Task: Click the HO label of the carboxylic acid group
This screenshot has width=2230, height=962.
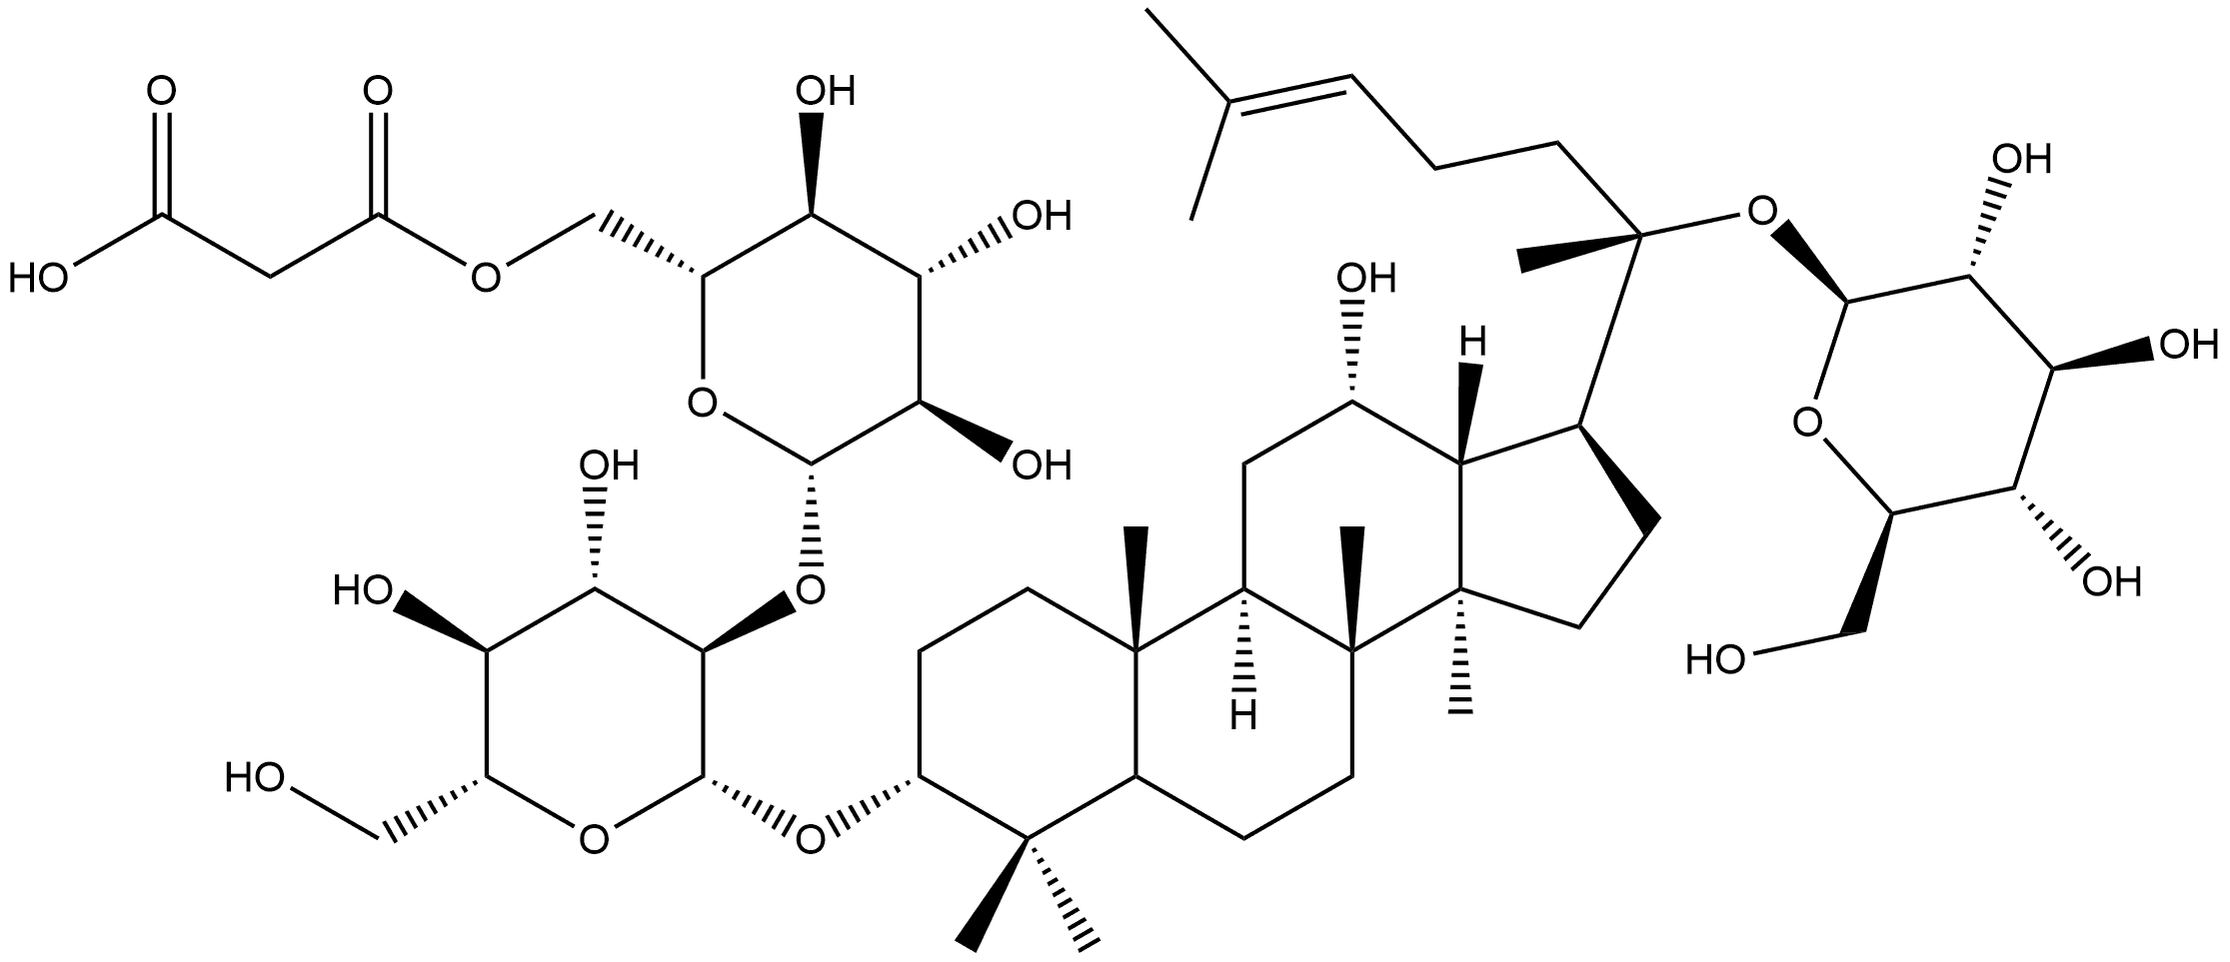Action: (x=37, y=278)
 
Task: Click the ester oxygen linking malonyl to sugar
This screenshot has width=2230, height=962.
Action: (x=486, y=277)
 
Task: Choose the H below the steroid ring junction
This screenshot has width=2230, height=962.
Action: (x=1244, y=715)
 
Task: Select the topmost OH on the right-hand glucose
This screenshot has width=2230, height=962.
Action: (x=2020, y=158)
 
